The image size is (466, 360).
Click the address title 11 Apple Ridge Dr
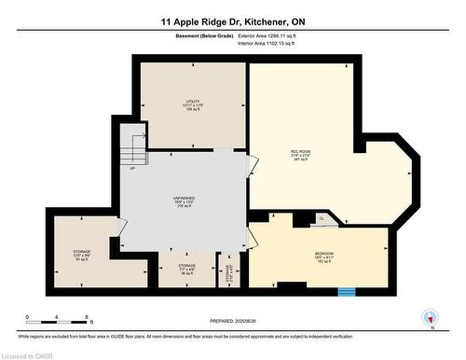coord(232,19)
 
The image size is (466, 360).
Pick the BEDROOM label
coord(323,256)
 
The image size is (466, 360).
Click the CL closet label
coord(322,219)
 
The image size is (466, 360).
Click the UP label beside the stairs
coord(132,169)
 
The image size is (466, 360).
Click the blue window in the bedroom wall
coord(347,291)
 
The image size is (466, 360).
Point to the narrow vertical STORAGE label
coord(230,271)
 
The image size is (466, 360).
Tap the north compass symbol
coord(430,317)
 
